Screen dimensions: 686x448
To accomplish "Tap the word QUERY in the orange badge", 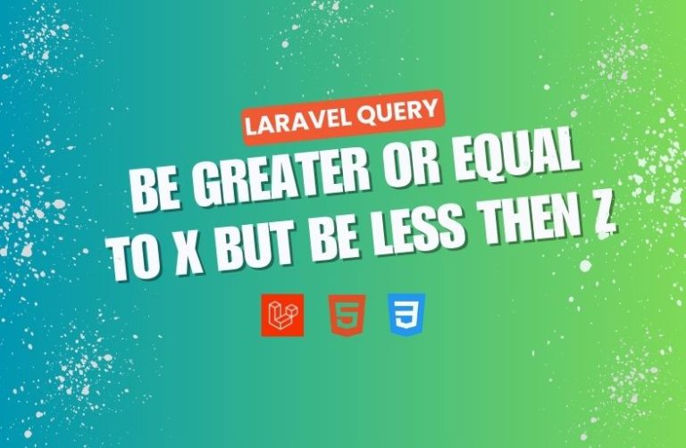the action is (397, 112).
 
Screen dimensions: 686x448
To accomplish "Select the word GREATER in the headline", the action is (284, 178).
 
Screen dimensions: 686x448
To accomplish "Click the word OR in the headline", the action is (414, 165).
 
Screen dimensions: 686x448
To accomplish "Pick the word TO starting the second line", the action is (136, 261).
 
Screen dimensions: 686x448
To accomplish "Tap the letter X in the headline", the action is (189, 255).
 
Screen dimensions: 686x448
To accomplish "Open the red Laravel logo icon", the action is (282, 315).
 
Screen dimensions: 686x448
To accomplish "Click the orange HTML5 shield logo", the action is (347, 316).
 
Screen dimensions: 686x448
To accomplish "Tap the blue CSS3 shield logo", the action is (406, 315).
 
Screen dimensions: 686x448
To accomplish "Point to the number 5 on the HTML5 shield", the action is (347, 316).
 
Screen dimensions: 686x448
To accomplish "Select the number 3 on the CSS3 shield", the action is (406, 315).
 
